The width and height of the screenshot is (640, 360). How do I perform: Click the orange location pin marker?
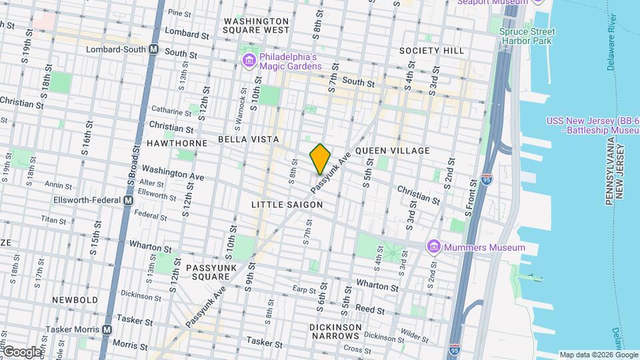[320, 159]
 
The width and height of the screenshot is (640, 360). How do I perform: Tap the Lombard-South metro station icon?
[154, 49]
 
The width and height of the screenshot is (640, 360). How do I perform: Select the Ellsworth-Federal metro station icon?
[129, 200]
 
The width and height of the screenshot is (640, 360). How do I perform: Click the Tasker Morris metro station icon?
[107, 329]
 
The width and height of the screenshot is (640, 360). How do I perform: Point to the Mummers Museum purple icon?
[434, 247]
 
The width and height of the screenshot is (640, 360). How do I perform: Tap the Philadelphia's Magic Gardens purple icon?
[249, 61]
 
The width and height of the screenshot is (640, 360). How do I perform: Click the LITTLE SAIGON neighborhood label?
[287, 205]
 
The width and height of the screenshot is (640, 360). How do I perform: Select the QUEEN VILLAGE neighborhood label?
[393, 151]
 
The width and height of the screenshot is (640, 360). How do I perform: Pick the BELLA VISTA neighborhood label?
[247, 139]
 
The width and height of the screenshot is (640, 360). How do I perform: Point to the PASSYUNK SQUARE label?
[212, 272]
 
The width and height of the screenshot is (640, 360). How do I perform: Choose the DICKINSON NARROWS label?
[336, 331]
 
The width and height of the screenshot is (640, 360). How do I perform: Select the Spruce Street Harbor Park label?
[527, 36]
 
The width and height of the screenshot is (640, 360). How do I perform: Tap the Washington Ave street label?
[173, 175]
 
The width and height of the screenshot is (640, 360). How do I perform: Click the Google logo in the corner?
[22, 351]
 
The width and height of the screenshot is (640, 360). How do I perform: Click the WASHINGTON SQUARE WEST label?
[257, 25]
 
